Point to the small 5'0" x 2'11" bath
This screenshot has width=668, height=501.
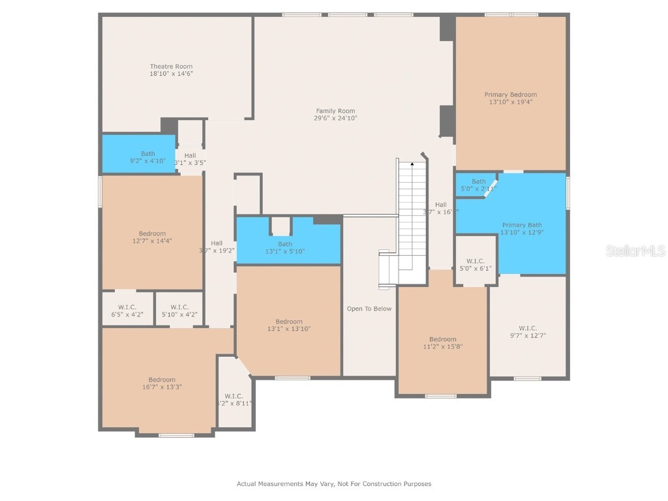click(479, 185)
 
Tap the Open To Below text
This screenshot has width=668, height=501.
click(369, 309)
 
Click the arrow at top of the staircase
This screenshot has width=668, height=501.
click(412, 164)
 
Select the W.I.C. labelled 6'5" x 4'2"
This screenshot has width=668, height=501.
click(127, 311)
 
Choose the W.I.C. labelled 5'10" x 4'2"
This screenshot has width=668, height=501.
click(179, 311)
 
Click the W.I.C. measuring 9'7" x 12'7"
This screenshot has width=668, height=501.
click(528, 331)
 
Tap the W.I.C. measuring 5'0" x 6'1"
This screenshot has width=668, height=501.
click(476, 264)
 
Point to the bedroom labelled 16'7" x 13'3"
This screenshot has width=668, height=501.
click(162, 383)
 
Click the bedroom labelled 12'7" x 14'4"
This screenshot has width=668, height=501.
click(152, 237)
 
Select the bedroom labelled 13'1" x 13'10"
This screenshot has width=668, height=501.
click(288, 325)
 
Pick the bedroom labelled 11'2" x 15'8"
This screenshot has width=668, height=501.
click(442, 342)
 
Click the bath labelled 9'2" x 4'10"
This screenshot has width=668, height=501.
click(148, 157)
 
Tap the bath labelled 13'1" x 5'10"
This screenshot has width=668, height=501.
click(285, 247)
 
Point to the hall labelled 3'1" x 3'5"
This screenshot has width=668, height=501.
click(190, 159)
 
